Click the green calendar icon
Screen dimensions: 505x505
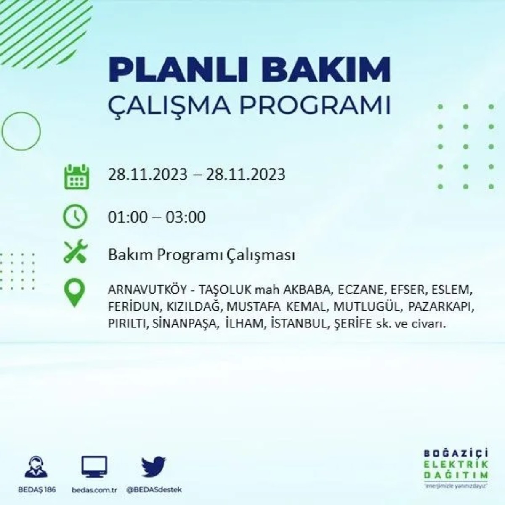pyautogui.click(x=76, y=177)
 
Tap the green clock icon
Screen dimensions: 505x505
pyautogui.click(x=75, y=216)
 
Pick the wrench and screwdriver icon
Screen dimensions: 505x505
pyautogui.click(x=75, y=252)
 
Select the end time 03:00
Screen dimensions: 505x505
pyautogui.click(x=186, y=217)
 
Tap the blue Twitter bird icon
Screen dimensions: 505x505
pyautogui.click(x=154, y=468)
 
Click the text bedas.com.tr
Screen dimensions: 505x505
pyautogui.click(x=94, y=490)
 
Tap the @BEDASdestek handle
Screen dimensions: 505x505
pyautogui.click(x=154, y=490)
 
